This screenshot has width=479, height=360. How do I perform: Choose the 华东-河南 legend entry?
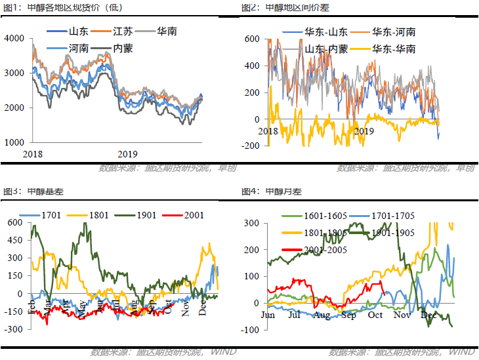click(x=393, y=31)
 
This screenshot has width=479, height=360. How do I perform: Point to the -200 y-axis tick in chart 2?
click(x=251, y=146)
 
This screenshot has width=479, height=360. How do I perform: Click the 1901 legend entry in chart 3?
click(x=149, y=214)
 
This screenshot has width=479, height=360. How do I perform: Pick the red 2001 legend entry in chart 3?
click(x=193, y=214)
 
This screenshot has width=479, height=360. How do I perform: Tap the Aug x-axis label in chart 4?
click(x=322, y=315)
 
